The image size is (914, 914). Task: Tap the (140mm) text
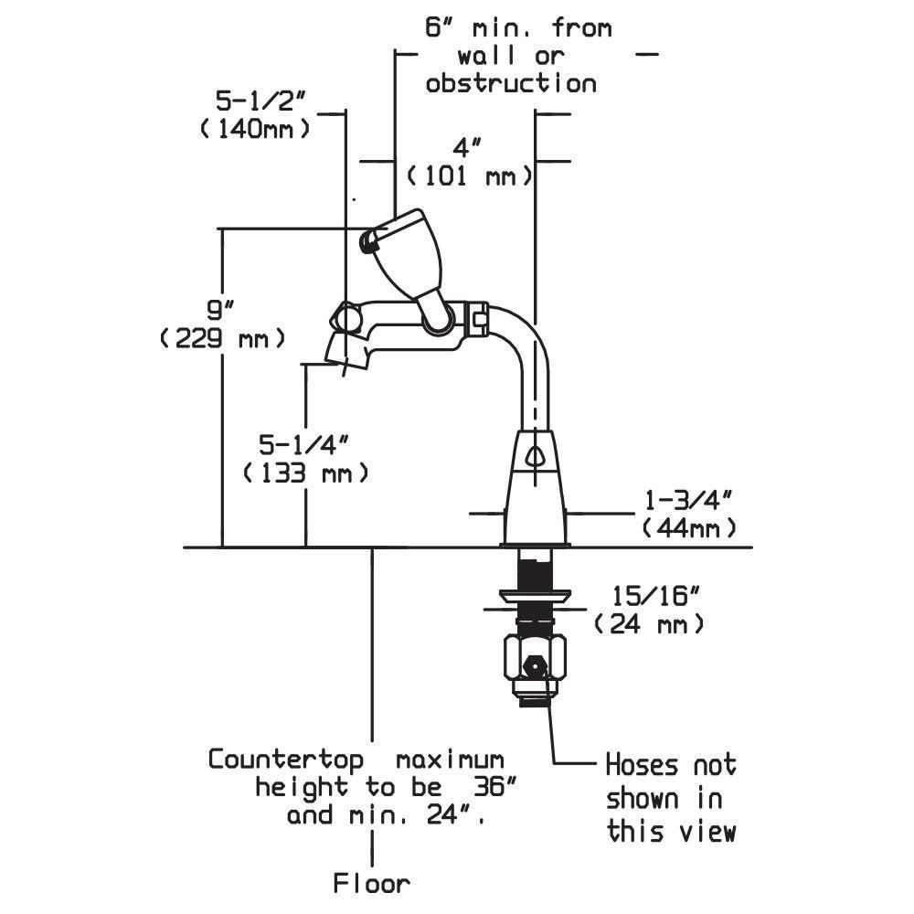pyautogui.click(x=255, y=128)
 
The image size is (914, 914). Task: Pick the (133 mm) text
pyautogui.click(x=306, y=473)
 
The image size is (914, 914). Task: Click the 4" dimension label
pyautogui.click(x=466, y=146)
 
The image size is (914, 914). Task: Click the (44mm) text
pyautogui.click(x=689, y=528)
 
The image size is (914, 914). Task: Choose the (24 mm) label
pyautogui.click(x=649, y=625)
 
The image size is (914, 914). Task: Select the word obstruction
pyautogui.click(x=511, y=84)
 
